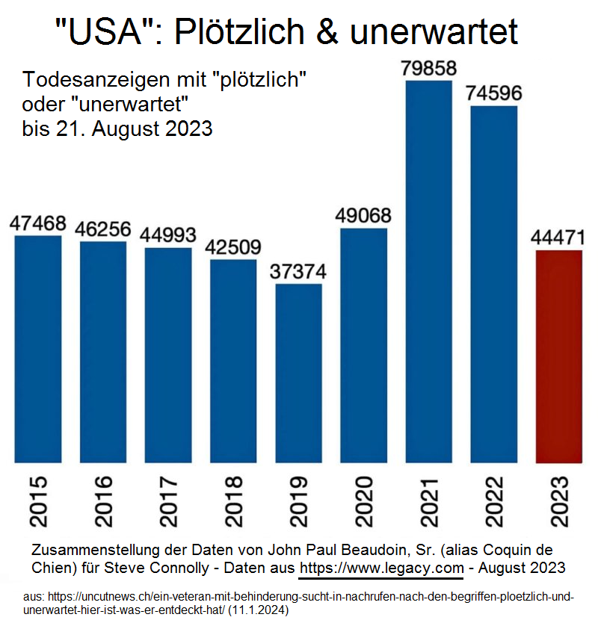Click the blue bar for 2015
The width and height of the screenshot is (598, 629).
point(38,349)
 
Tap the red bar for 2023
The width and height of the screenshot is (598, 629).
point(558,356)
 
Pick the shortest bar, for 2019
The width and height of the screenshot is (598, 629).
point(298,373)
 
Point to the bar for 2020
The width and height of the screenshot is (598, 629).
point(363,345)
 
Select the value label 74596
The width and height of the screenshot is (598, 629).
point(493,93)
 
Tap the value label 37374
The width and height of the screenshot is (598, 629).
point(298,271)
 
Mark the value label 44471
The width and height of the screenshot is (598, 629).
point(558,238)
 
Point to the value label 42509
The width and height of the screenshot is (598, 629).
point(233,247)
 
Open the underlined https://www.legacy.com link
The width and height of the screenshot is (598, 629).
point(381,568)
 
